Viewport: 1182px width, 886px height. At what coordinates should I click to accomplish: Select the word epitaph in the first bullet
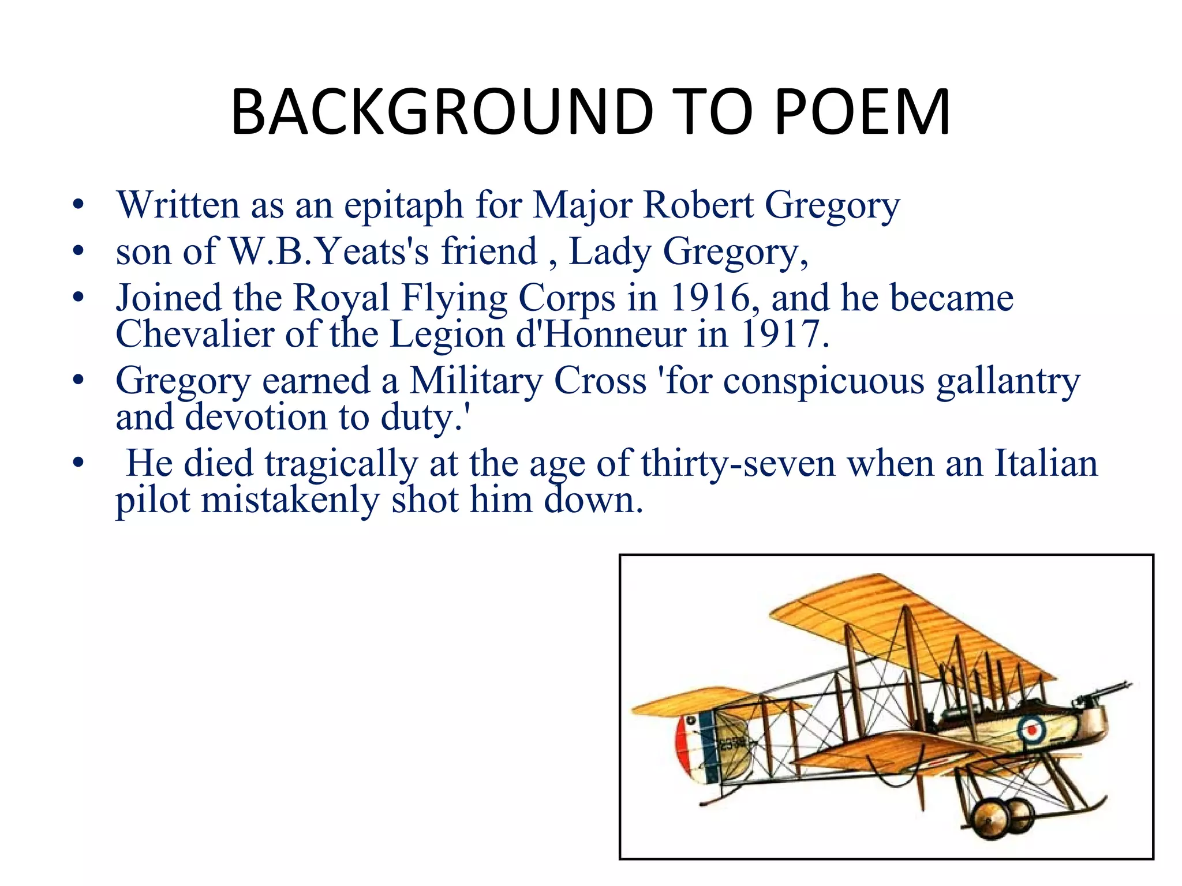[403, 206]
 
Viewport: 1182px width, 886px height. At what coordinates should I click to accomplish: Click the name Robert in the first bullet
[698, 205]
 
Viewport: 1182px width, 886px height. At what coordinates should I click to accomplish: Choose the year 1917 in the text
[784, 335]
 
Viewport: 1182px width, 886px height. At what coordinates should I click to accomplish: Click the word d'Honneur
[601, 335]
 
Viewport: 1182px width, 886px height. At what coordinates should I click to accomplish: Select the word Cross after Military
[600, 381]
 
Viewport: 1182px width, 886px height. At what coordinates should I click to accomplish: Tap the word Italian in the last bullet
[1046, 464]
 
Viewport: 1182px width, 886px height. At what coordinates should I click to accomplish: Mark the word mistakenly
[290, 500]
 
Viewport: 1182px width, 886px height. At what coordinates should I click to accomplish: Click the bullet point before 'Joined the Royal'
[78, 298]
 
